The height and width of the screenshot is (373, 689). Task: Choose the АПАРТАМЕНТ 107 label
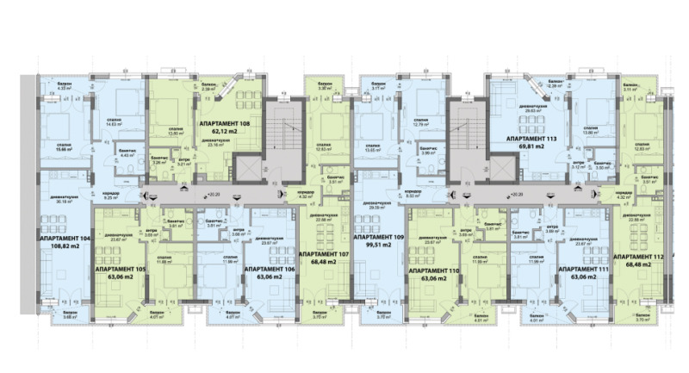(324, 255)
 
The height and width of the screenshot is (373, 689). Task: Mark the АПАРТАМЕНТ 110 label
(437, 270)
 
